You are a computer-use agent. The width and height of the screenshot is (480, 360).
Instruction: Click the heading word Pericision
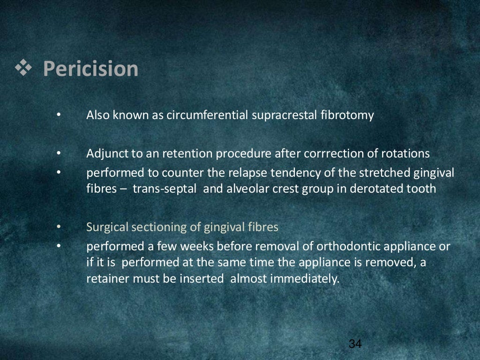tap(90, 69)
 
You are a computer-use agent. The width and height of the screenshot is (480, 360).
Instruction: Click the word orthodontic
tap(348, 247)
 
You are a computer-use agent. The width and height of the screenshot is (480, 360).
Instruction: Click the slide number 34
tap(355, 344)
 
